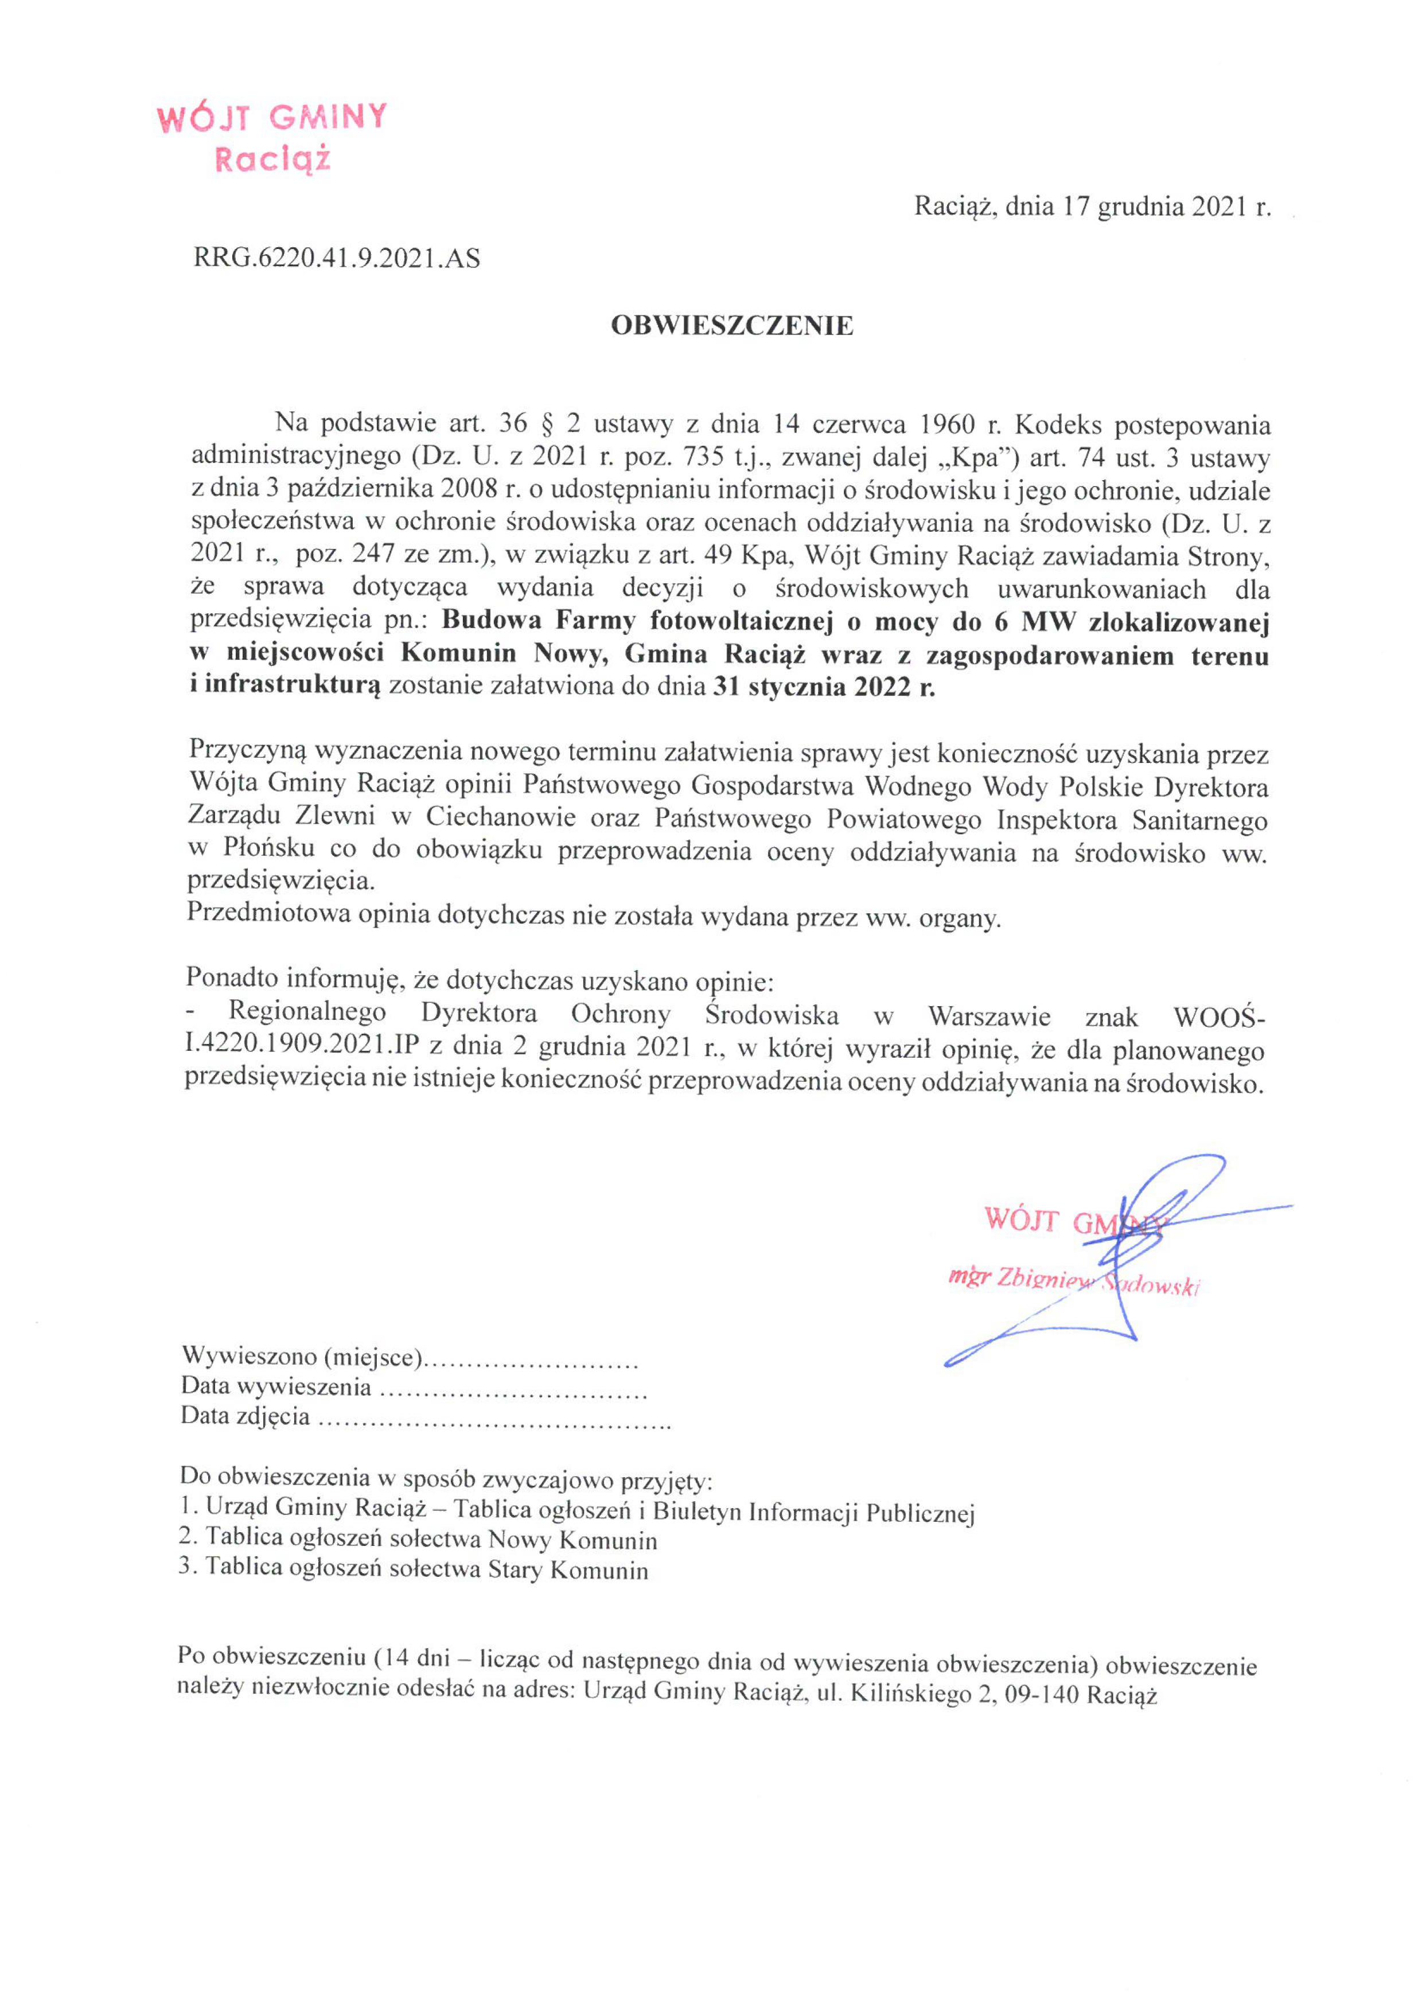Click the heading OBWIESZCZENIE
tap(731, 326)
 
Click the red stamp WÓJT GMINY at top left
tap(271, 118)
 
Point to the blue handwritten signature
tap(1129, 1252)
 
